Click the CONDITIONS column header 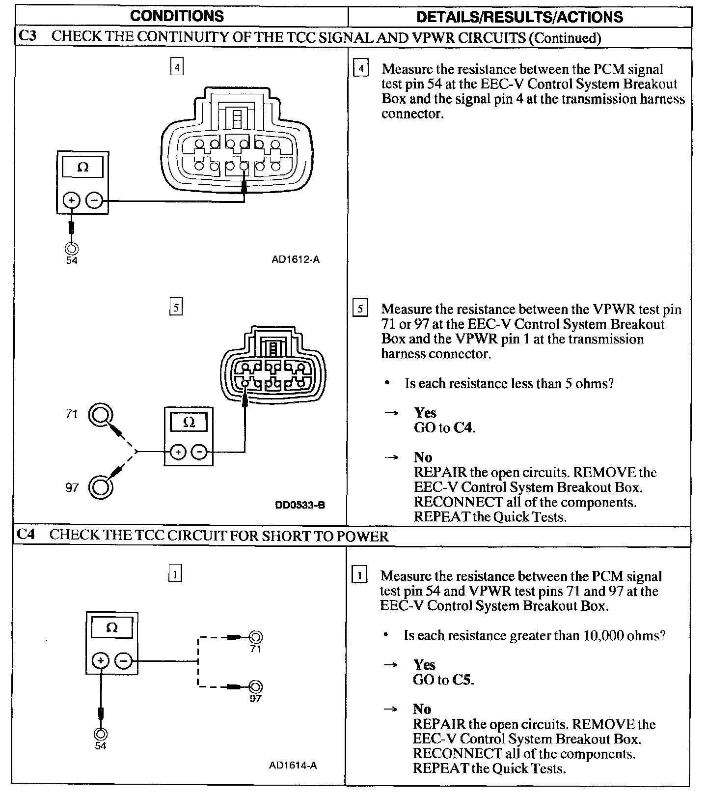177,16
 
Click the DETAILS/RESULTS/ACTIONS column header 519,17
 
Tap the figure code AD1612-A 296,259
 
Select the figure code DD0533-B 300,505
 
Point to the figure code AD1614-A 293,765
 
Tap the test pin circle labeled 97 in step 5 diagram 101,486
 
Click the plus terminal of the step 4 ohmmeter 72,200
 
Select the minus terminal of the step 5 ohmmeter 199,452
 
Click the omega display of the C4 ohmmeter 112,628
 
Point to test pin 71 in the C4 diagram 255,637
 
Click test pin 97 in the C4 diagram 255,686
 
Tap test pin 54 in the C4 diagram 101,734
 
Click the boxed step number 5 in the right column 361,309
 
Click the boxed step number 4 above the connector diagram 177,66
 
